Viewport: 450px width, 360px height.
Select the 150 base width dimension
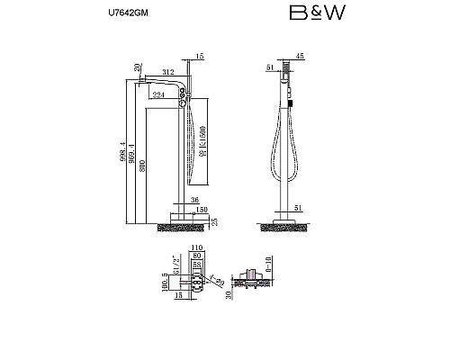(x=202, y=210)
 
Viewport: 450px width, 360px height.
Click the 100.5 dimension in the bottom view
(x=165, y=282)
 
